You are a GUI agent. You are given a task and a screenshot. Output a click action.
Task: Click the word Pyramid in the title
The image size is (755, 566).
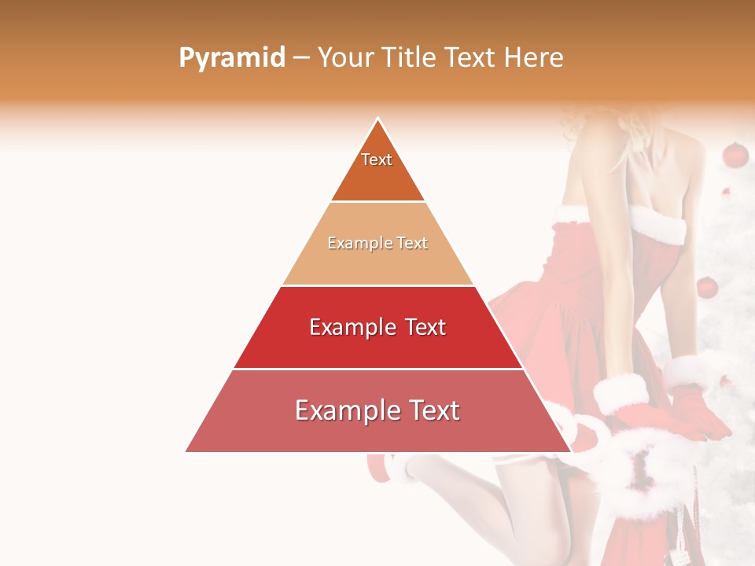coord(231,58)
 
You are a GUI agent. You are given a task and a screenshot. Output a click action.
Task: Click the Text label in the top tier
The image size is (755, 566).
coord(377,160)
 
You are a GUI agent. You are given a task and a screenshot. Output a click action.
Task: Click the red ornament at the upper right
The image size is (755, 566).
coord(735,155)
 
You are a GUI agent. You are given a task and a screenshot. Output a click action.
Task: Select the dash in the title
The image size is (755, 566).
coord(301,58)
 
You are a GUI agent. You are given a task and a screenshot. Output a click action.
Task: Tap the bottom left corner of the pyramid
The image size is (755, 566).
coord(186,451)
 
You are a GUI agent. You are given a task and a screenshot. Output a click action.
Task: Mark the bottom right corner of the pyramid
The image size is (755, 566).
coord(570,451)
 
